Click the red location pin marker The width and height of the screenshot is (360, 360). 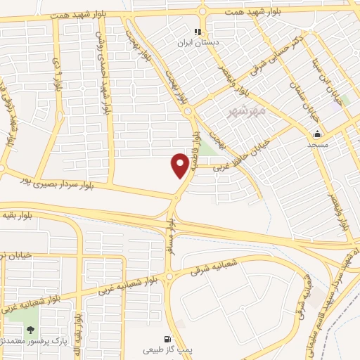click(180, 165)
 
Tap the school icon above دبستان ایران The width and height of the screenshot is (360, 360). click(198, 32)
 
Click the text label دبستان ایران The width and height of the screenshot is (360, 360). click(198, 43)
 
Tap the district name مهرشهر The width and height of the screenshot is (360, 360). click(248, 110)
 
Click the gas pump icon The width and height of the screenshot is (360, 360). click(167, 337)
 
